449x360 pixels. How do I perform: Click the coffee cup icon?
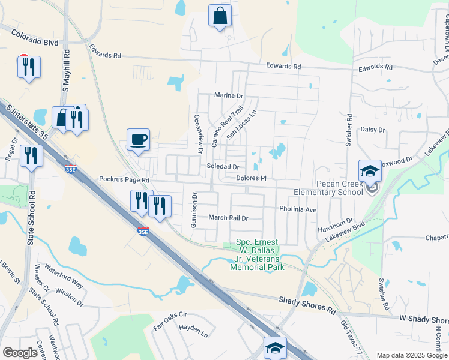(138, 140)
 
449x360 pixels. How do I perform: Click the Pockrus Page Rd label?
(124, 179)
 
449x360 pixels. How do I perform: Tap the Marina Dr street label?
(229, 95)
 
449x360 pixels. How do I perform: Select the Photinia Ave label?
(297, 209)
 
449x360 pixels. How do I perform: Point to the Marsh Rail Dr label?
(228, 217)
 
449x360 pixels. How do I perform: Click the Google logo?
(20, 353)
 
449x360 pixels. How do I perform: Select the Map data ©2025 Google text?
(411, 355)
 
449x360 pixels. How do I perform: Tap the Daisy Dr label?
(372, 130)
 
